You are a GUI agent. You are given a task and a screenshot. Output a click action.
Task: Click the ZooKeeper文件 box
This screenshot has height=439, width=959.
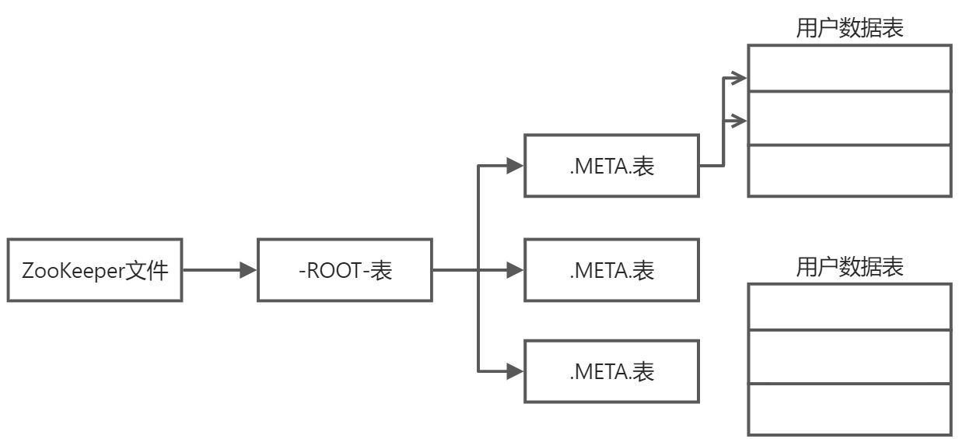click(94, 270)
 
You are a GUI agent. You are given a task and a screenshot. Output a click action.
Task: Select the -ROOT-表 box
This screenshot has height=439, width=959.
click(345, 270)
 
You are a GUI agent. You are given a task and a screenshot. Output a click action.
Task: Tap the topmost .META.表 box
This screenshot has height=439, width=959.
click(611, 165)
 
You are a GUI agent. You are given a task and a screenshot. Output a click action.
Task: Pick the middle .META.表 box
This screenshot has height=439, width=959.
click(611, 270)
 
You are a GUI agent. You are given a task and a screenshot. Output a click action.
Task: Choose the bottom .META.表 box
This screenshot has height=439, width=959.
click(611, 371)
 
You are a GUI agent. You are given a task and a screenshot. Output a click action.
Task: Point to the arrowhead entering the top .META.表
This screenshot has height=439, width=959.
click(514, 165)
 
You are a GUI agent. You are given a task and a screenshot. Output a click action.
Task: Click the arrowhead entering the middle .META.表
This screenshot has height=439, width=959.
click(514, 270)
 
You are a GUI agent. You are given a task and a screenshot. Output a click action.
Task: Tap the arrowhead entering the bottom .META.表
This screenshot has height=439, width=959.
click(514, 371)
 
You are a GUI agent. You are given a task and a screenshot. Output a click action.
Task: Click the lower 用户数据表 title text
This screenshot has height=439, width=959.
click(849, 267)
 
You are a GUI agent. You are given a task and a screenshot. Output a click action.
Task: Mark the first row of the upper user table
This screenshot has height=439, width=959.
click(849, 68)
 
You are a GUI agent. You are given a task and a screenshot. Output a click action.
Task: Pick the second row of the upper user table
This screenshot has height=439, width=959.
click(849, 118)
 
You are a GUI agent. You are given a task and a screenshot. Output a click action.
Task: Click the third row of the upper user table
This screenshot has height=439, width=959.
click(849, 170)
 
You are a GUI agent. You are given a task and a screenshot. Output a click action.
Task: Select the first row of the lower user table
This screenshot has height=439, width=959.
click(849, 307)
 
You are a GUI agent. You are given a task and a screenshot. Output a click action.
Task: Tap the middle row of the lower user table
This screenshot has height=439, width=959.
click(849, 356)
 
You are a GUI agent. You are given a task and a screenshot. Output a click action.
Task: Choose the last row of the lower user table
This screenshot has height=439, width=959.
click(849, 409)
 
